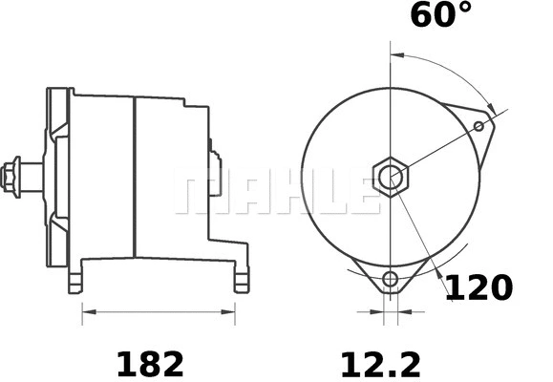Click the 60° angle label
(x=441, y=16)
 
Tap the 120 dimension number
(x=479, y=287)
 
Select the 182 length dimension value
(x=150, y=363)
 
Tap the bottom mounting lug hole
(x=390, y=279)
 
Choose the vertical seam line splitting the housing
(x=134, y=177)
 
